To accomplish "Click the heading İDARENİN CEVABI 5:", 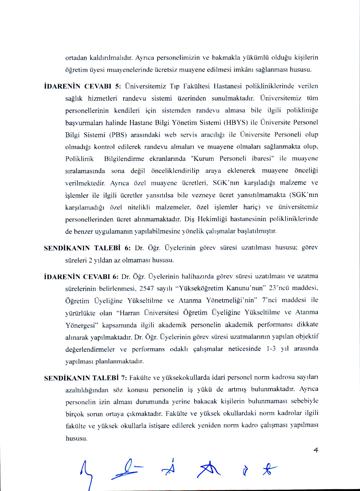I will click(82, 86).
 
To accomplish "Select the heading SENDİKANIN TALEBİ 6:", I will click(87, 248).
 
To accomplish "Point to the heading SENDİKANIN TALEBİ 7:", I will click(85, 378).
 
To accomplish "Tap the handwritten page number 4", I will click(316, 451).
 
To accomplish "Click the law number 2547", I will click(147, 289).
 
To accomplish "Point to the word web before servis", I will click(170, 135).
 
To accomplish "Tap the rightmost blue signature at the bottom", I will click(269, 469).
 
